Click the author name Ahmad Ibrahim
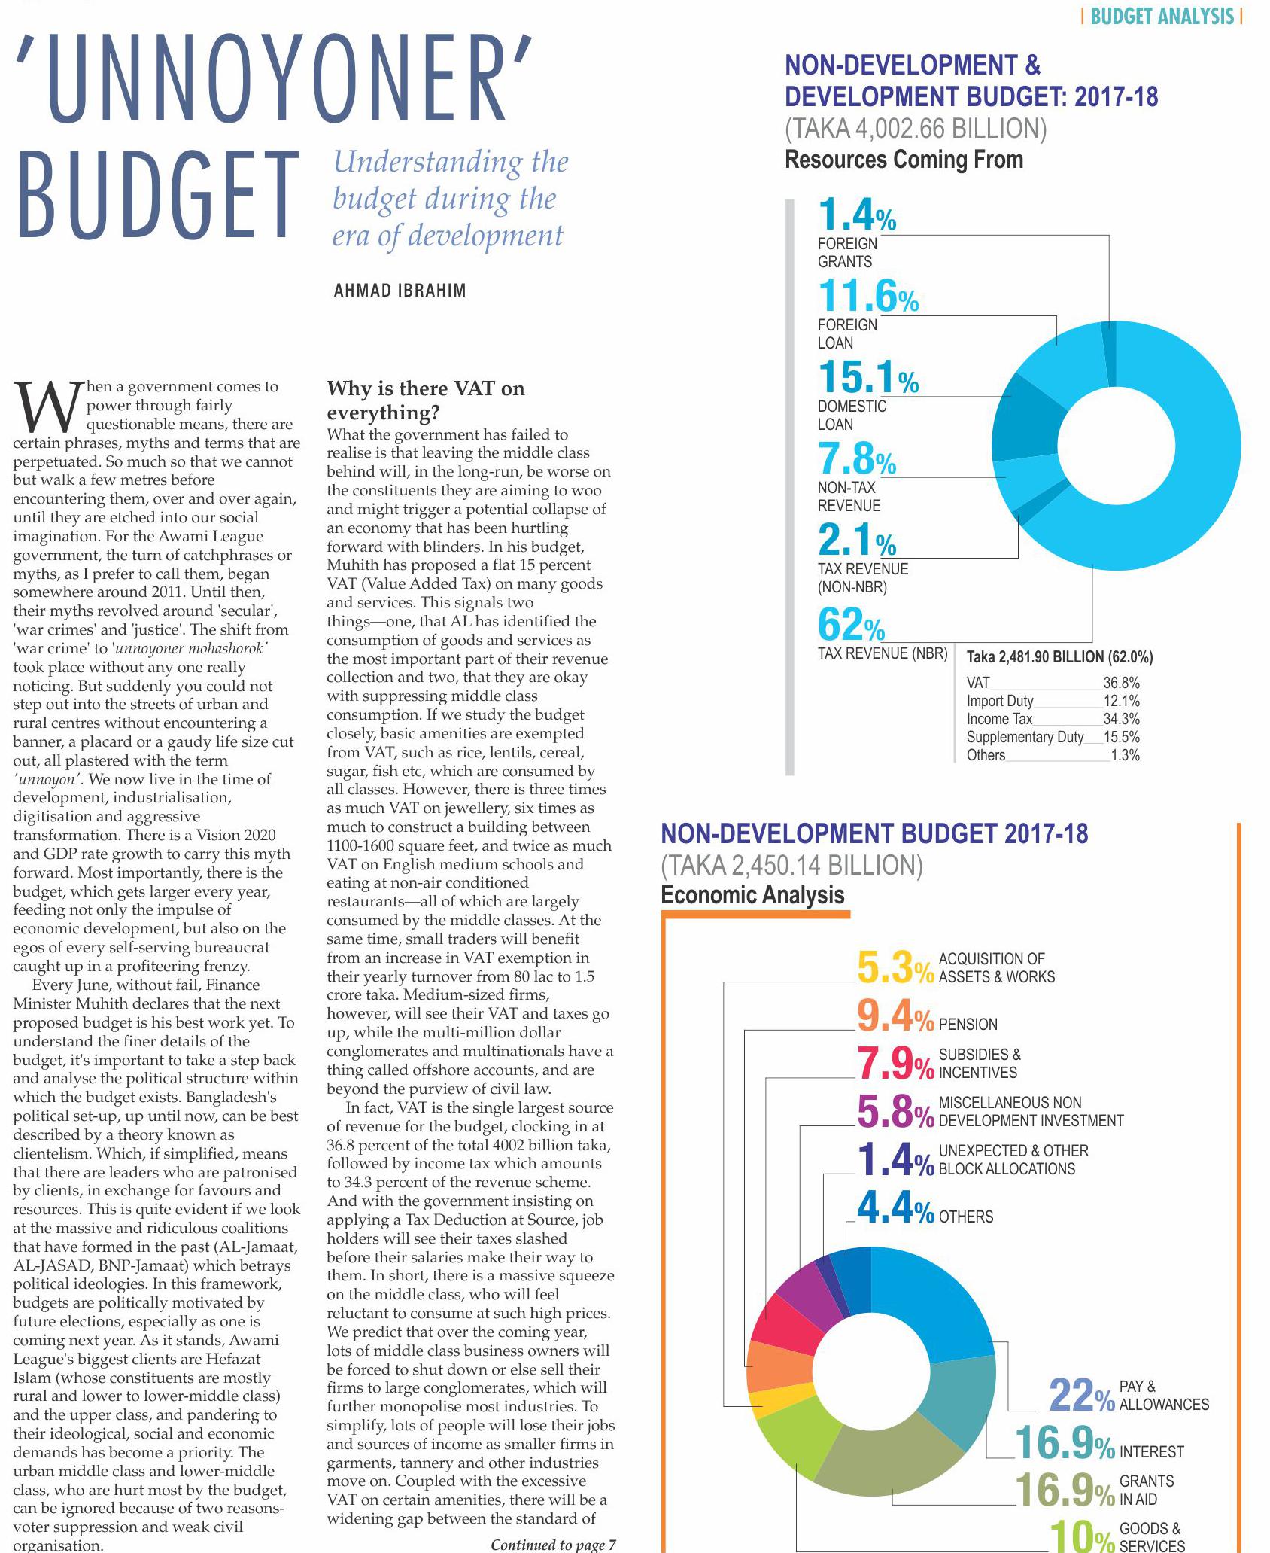[400, 291]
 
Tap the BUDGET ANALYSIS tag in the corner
[1161, 17]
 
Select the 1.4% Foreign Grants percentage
[857, 215]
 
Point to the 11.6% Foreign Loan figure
[868, 296]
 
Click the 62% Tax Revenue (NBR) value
[851, 625]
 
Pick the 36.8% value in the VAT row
[1121, 684]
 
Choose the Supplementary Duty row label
[1025, 738]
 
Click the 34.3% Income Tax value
[1121, 720]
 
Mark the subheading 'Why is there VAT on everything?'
[426, 400]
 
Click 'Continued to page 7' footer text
[553, 1545]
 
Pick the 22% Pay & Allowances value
[1082, 1396]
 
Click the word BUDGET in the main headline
[158, 196]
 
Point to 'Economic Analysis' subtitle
[752, 895]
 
